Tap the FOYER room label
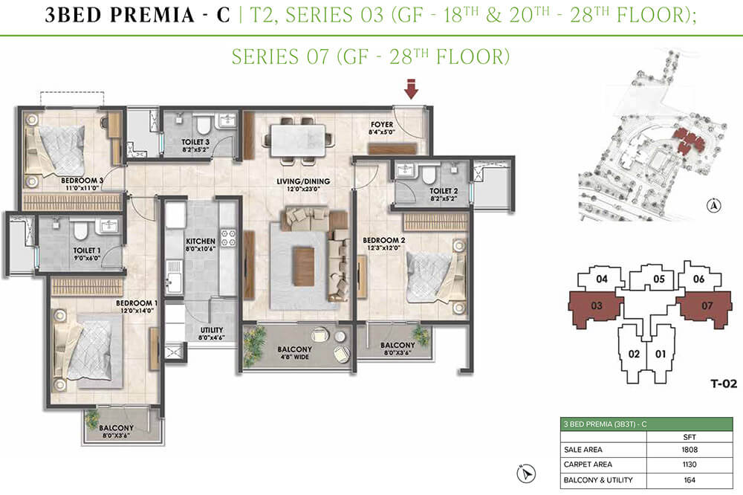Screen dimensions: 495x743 [382, 125]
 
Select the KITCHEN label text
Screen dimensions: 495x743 [201, 242]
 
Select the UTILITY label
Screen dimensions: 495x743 [212, 331]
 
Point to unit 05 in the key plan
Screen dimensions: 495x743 [658, 279]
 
